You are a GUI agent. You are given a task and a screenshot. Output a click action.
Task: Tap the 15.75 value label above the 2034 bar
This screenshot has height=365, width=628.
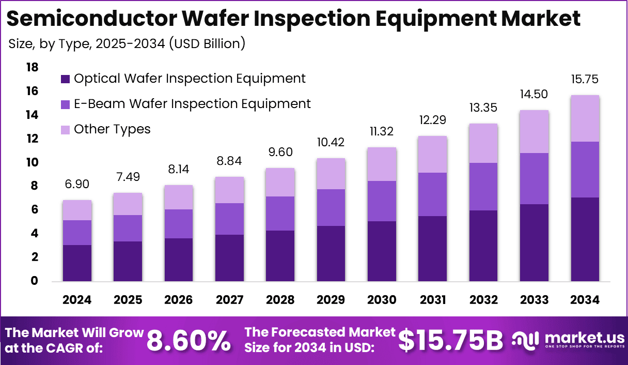[x=585, y=80]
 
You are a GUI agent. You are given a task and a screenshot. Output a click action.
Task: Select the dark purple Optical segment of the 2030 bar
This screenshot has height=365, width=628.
[x=382, y=251]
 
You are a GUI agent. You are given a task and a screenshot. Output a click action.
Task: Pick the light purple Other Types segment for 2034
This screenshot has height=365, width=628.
[x=585, y=118]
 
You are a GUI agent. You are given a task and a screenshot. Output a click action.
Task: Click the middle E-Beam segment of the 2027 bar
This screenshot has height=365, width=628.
[x=229, y=219]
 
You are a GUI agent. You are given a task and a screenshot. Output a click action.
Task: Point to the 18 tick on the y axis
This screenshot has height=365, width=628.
[x=32, y=67]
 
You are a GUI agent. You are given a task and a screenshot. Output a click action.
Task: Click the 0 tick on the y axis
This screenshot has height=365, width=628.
[x=35, y=281]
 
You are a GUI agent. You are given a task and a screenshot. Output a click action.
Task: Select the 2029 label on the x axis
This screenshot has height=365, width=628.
[x=331, y=300]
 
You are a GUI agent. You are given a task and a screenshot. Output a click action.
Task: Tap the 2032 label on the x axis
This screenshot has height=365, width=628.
[x=483, y=300]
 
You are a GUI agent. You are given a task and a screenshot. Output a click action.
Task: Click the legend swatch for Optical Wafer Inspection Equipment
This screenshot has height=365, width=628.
[x=66, y=79]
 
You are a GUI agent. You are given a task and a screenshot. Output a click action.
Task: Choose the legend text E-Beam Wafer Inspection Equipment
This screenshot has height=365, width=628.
[x=192, y=104]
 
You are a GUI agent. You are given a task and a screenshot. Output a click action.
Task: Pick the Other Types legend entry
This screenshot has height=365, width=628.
[x=112, y=129]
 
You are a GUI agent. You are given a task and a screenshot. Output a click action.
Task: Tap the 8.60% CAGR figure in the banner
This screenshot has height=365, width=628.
[x=189, y=340]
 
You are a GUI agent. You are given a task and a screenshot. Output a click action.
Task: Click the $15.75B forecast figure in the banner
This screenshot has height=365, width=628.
[x=450, y=340]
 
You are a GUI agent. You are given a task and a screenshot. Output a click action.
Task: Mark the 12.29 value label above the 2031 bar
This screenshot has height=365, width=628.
[x=432, y=120]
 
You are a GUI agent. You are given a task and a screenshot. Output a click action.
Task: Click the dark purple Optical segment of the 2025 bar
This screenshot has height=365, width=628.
[x=128, y=261]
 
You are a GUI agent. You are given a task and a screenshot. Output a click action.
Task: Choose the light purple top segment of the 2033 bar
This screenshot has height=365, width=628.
[x=534, y=131]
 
